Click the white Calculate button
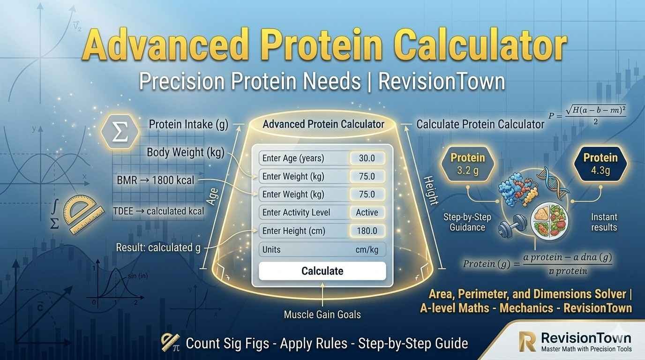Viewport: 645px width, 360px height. pyautogui.click(x=322, y=271)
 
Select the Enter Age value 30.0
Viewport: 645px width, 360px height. pyautogui.click(x=367, y=158)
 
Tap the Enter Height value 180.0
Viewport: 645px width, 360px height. pyautogui.click(x=367, y=231)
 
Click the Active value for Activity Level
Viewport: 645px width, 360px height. pyautogui.click(x=367, y=212)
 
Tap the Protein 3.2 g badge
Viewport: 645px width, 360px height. pyautogui.click(x=467, y=164)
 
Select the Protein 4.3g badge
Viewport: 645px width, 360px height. pyautogui.click(x=600, y=164)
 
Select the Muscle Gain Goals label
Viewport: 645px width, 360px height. pyautogui.click(x=322, y=315)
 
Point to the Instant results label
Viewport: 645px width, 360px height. pyautogui.click(x=604, y=222)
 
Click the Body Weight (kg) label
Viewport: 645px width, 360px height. pyautogui.click(x=186, y=152)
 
